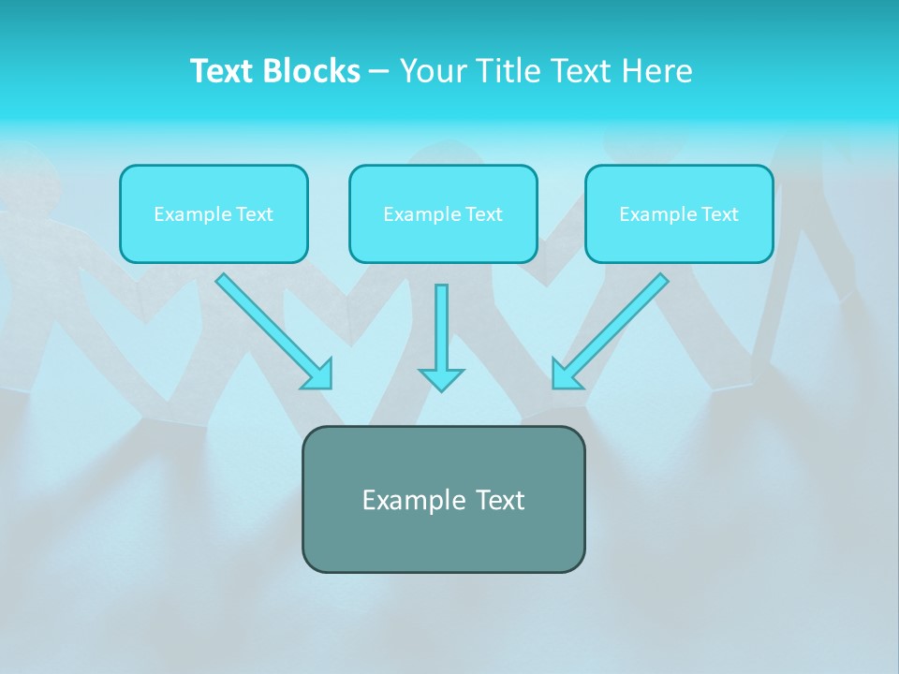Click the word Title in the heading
click(507, 71)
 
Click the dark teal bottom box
click(443, 538)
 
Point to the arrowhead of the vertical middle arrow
click(441, 378)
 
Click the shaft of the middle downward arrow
click(441, 323)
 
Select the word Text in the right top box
click(719, 214)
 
